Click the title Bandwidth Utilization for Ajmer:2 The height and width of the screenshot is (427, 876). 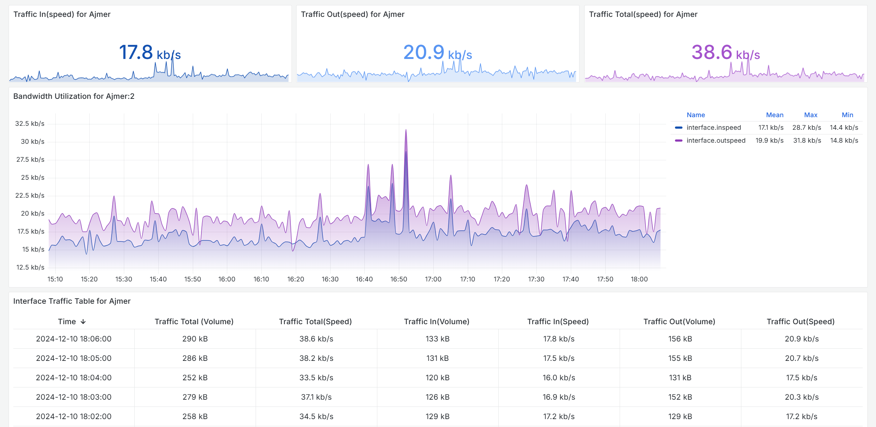74,96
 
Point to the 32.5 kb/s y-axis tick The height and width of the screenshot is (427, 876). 30,124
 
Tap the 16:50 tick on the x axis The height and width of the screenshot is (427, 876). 399,279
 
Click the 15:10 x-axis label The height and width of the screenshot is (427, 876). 55,279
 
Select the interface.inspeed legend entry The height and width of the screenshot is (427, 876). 713,128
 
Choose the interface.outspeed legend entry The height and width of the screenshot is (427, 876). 716,141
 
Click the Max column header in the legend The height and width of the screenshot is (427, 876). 810,115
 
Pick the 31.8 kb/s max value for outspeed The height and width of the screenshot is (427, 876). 807,141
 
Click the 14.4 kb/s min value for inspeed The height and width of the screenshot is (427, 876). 844,128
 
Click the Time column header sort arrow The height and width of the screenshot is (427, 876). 83,322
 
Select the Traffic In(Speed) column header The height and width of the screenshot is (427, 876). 558,322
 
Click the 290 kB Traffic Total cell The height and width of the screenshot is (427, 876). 195,339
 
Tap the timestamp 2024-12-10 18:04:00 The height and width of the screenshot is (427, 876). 74,378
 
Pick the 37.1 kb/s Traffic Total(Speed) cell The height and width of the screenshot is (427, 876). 316,397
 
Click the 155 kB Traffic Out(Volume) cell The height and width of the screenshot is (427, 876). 680,358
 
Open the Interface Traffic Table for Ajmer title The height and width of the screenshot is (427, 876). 72,301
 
